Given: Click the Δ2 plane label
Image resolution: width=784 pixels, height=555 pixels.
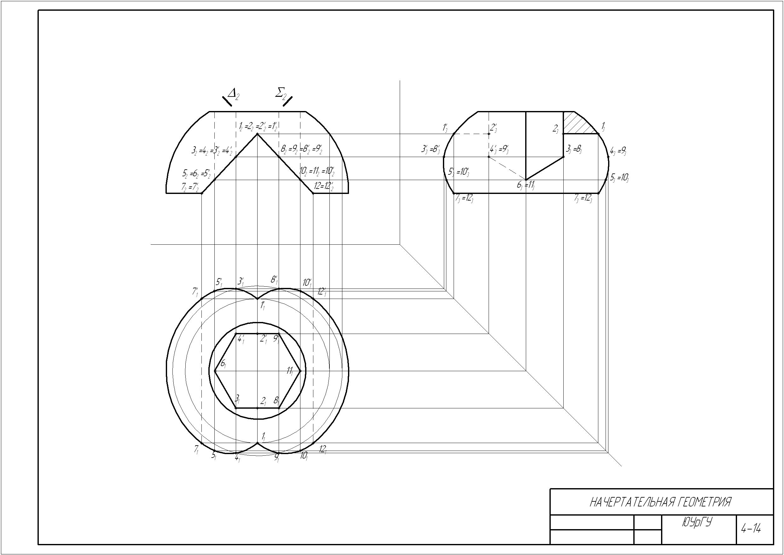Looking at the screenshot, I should (233, 93).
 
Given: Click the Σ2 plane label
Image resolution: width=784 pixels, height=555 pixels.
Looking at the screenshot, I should (281, 93).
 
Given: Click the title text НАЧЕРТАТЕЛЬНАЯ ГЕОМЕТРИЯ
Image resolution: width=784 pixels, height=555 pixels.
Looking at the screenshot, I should (661, 502).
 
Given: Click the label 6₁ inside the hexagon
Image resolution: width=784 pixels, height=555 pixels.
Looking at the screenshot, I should (223, 364).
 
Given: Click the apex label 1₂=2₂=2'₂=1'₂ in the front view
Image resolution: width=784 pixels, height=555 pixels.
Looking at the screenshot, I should (258, 126).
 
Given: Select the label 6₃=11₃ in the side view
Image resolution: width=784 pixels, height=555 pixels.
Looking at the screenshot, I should (526, 185).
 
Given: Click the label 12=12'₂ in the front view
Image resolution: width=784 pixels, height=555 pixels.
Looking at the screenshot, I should (323, 186).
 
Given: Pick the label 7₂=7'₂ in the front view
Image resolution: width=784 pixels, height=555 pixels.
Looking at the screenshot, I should (190, 187).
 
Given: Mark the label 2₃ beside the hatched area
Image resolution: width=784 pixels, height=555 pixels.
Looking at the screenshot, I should (556, 129).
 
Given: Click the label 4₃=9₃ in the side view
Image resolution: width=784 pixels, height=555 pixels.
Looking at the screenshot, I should (618, 150).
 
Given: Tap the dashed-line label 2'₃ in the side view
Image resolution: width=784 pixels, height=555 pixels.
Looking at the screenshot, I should (493, 128).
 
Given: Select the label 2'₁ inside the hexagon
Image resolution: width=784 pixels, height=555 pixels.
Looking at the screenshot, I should (264, 339).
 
